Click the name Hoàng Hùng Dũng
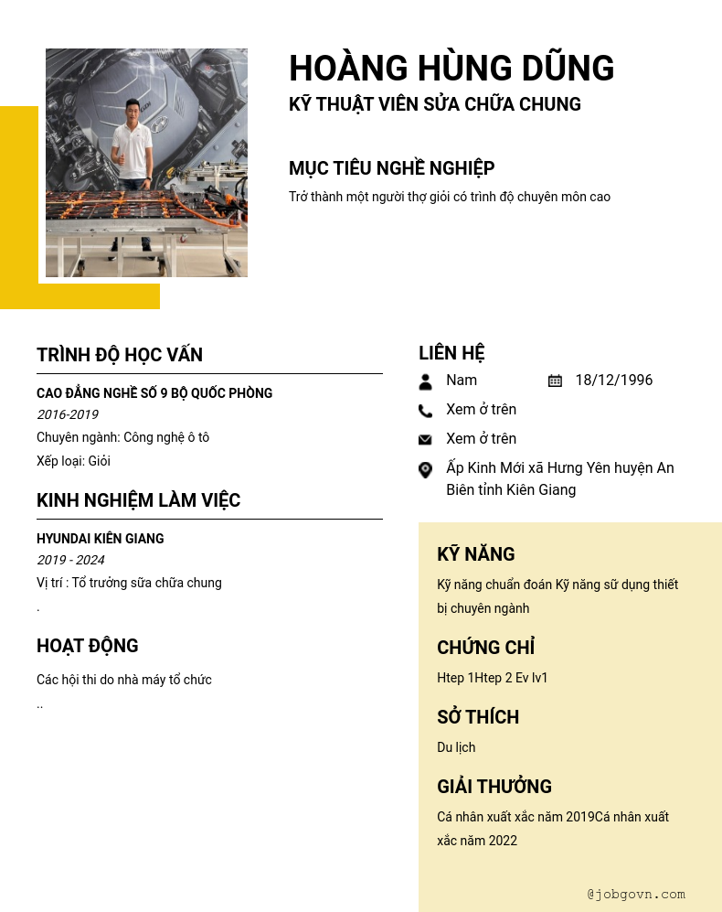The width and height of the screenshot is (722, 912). pos(451,69)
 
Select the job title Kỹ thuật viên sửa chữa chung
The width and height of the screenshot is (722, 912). pos(435,104)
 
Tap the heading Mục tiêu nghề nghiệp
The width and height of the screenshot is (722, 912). pos(391,168)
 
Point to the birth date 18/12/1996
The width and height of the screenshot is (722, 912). pos(613,381)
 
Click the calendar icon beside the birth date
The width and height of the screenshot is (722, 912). pos(555,381)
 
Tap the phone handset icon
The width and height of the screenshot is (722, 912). pos(425,411)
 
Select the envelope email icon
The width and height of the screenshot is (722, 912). pos(425,440)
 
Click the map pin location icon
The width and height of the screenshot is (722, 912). pos(425,469)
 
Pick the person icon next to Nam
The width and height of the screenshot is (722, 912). pos(425,381)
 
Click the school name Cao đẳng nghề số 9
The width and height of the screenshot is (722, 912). pos(154,393)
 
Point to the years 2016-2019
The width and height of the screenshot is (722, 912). pos(68,415)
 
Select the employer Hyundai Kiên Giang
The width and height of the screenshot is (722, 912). pos(101,539)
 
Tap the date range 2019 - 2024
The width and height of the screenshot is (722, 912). pos(70,561)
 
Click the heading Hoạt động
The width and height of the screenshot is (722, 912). pos(88,646)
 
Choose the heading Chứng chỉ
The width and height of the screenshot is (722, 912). pos(485,648)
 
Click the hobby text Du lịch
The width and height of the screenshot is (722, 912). pos(456,747)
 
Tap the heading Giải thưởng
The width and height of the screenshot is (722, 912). pos(494,787)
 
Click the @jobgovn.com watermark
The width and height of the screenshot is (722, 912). pos(636,895)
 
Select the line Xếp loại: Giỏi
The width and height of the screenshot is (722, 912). pos(73,461)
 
